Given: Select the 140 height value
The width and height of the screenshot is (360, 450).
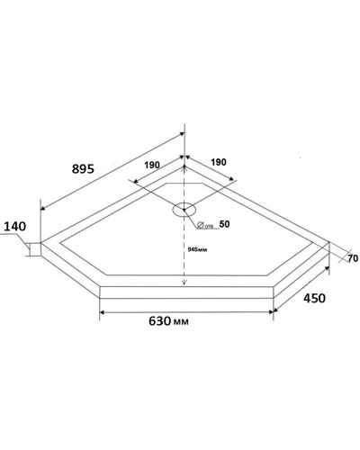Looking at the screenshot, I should (x=15, y=228).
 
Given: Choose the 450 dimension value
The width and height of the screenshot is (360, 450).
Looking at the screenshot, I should (x=313, y=297).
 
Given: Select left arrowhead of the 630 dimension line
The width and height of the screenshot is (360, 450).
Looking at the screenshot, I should (x=101, y=311).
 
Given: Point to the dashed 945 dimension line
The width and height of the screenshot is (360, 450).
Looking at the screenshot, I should (x=184, y=261).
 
